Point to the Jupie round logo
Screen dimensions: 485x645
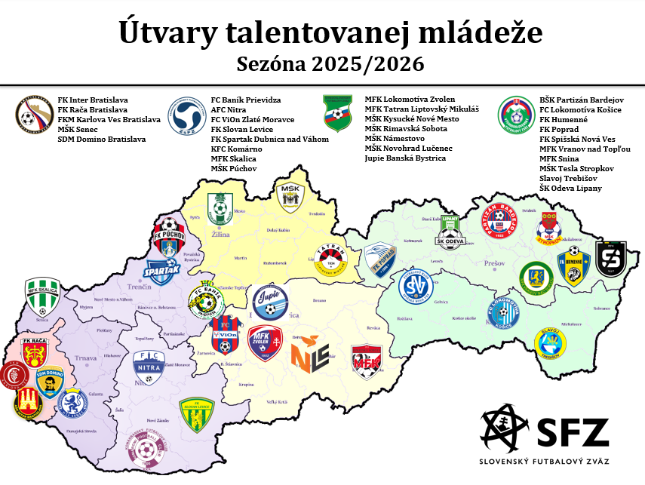270,302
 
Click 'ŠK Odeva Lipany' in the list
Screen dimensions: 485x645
571,188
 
